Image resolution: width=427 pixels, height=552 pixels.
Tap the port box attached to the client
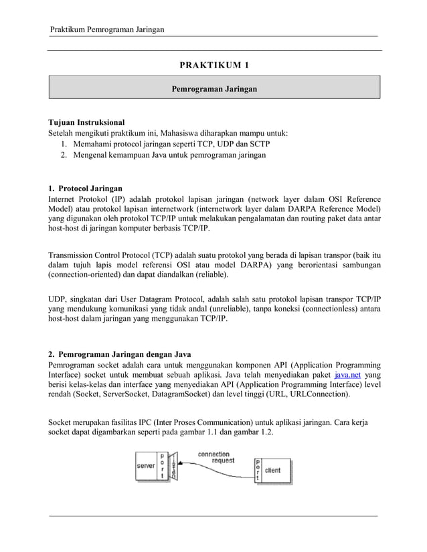coord(258,470)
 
